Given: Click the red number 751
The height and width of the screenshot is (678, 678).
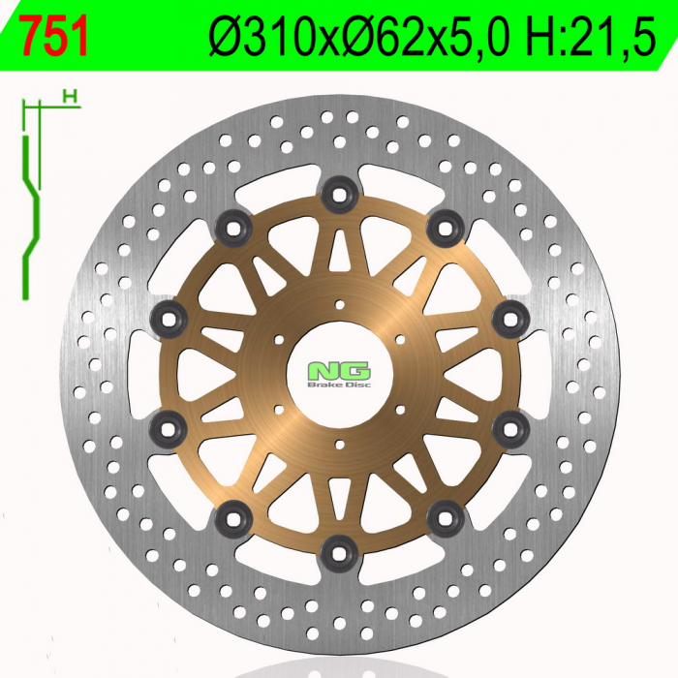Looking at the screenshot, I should click(x=54, y=37).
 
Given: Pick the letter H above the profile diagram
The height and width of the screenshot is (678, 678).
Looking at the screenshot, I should click(x=68, y=95).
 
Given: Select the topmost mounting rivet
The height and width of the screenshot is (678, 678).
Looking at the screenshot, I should click(x=340, y=195).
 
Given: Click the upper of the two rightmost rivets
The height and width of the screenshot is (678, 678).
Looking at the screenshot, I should click(x=509, y=318).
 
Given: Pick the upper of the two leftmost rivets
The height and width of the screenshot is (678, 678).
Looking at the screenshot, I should click(x=170, y=317).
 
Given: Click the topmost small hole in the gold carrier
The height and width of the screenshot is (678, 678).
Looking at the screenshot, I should click(x=340, y=305).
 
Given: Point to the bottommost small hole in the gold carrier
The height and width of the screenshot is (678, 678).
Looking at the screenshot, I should click(x=340, y=444).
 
